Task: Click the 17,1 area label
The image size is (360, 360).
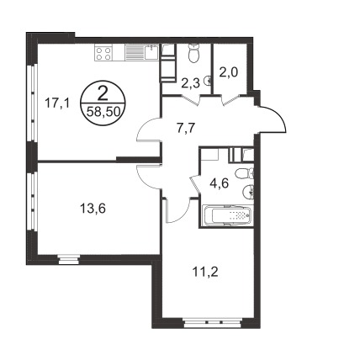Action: (57, 103)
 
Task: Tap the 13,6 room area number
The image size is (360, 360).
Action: (93, 209)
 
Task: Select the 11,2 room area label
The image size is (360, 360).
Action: (205, 272)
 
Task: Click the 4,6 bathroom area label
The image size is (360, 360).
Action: (220, 183)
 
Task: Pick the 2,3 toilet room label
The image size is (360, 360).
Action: (190, 83)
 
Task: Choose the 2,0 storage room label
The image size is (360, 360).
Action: (229, 72)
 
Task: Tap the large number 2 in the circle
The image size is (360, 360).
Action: (103, 93)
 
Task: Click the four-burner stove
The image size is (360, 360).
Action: (103, 53)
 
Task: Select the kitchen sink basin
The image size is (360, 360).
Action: (151, 52)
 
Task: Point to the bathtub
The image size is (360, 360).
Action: (227, 215)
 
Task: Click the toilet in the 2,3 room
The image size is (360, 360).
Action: (193, 54)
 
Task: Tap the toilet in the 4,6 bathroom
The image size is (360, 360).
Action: (243, 173)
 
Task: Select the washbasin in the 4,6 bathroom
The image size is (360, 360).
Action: (247, 192)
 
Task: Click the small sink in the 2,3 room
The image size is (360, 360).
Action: (208, 81)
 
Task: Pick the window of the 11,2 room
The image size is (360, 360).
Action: (213, 322)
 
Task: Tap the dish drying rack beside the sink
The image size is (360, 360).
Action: (134, 52)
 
